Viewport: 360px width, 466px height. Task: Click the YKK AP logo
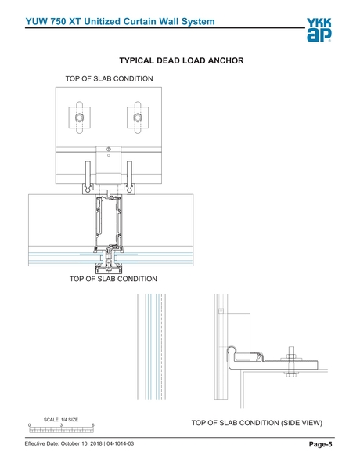(319, 30)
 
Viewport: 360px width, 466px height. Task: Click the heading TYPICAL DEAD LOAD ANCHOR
(182, 60)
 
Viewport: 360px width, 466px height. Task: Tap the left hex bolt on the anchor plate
(79, 117)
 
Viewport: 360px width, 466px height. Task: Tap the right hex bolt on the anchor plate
(138, 117)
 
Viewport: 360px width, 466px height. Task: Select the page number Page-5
(321, 444)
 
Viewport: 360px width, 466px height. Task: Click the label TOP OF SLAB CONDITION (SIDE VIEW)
(257, 423)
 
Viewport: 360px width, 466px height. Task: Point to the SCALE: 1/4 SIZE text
(61, 420)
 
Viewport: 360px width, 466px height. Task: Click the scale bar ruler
(62, 430)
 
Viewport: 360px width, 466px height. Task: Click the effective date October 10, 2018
(81, 444)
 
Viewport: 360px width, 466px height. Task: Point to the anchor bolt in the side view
(291, 362)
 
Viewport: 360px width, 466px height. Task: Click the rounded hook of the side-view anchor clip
(232, 351)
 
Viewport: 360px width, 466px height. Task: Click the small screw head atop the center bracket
(109, 149)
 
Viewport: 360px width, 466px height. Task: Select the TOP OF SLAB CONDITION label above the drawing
(110, 79)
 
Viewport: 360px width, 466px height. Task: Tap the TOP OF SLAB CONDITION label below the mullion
(113, 279)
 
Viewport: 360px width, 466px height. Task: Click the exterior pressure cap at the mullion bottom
(109, 269)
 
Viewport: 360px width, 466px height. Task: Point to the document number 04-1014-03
(120, 444)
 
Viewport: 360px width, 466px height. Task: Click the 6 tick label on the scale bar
(93, 425)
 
